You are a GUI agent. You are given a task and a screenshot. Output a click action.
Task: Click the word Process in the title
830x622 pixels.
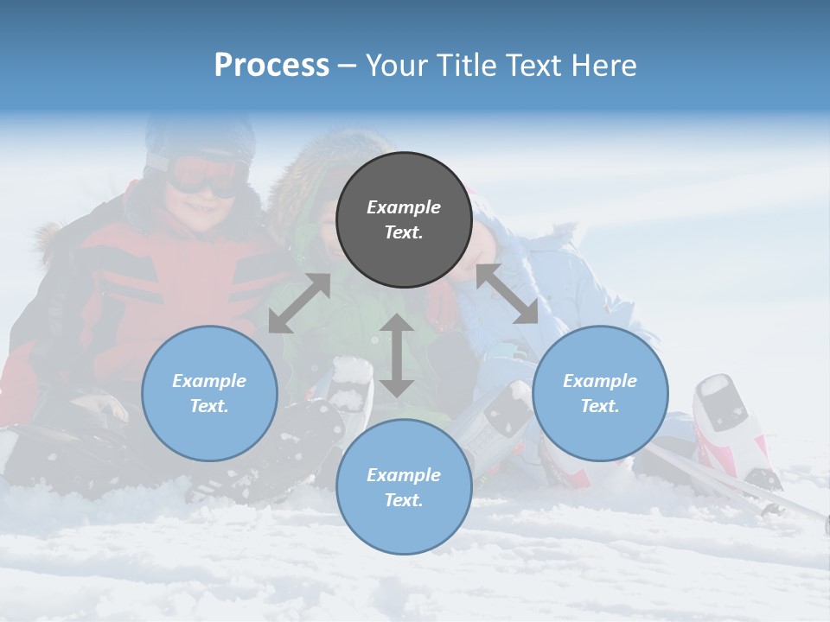271,66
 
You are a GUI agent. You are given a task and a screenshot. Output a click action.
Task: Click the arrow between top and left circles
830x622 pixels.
299,303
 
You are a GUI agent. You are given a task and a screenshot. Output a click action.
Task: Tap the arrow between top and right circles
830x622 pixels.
507,294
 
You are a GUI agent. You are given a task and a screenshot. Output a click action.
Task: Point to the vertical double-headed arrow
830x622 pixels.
397,355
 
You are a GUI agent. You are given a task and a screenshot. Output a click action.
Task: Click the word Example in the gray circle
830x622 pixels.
404,207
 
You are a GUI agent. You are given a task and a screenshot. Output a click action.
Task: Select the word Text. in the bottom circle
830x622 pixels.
404,500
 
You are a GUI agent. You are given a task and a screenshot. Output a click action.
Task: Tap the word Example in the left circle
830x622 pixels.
209,381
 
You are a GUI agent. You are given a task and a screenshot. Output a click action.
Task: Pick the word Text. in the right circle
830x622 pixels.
600,406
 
